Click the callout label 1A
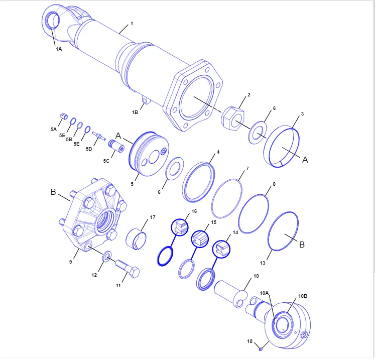(x=59, y=49)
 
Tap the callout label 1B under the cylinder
(x=135, y=112)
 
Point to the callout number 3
(x=302, y=114)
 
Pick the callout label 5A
(x=53, y=129)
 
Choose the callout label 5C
(x=106, y=161)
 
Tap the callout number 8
(x=274, y=184)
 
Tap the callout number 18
(x=249, y=341)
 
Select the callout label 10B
(x=303, y=296)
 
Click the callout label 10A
(x=264, y=293)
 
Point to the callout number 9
(x=71, y=262)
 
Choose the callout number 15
(x=213, y=222)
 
